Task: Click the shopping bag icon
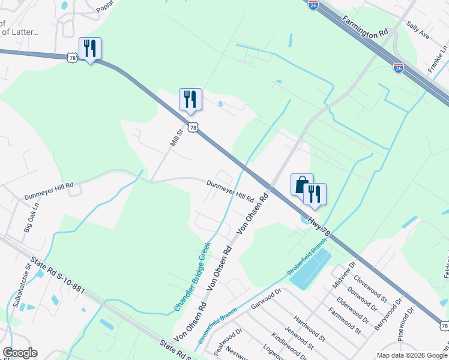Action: coord(302,184)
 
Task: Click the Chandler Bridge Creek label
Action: coord(193,277)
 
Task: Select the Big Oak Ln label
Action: coord(31,217)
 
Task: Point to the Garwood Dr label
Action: coord(266,298)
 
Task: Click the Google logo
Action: coord(20,353)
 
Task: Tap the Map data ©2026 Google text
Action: coord(411,355)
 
